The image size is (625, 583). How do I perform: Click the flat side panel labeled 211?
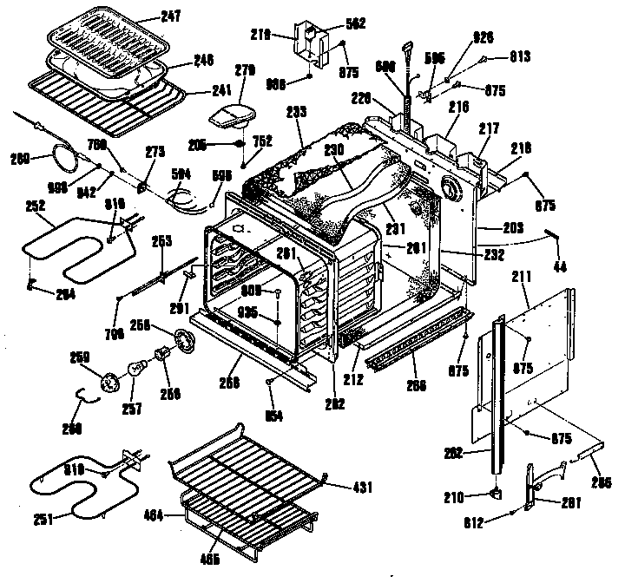pos(530,347)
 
